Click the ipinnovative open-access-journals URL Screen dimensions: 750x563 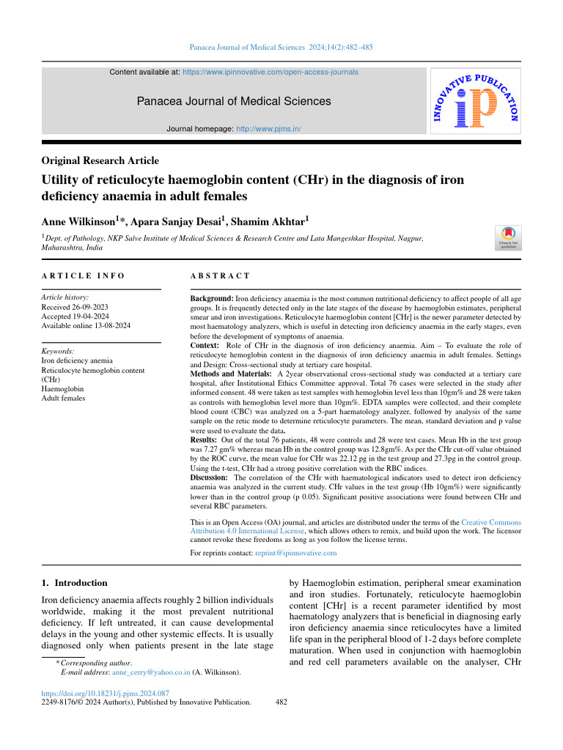pyautogui.click(x=270, y=73)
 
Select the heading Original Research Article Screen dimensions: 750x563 pyautogui.click(x=100, y=160)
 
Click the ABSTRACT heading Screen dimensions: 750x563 pyautogui.click(x=220, y=276)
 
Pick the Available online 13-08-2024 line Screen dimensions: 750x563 pyautogui.click(x=86, y=324)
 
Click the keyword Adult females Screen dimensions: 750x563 pyautogui.click(x=63, y=398)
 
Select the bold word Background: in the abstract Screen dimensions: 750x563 pyautogui.click(x=212, y=299)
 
